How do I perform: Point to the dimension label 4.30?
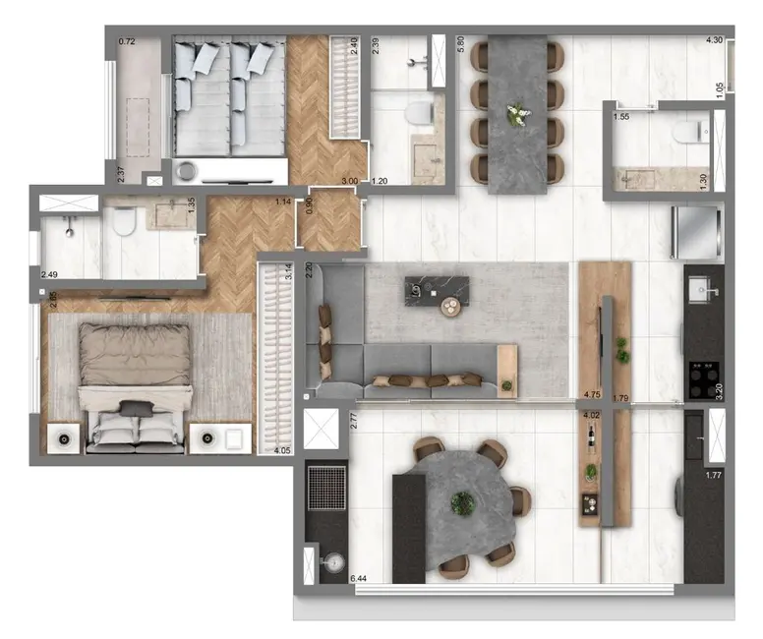[715, 41]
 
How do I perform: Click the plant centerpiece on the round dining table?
[462, 503]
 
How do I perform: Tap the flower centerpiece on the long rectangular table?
[516, 114]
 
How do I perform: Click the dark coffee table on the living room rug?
[437, 291]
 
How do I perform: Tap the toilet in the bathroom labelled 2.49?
[123, 225]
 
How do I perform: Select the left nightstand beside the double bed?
[64, 436]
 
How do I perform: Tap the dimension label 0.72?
[126, 43]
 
